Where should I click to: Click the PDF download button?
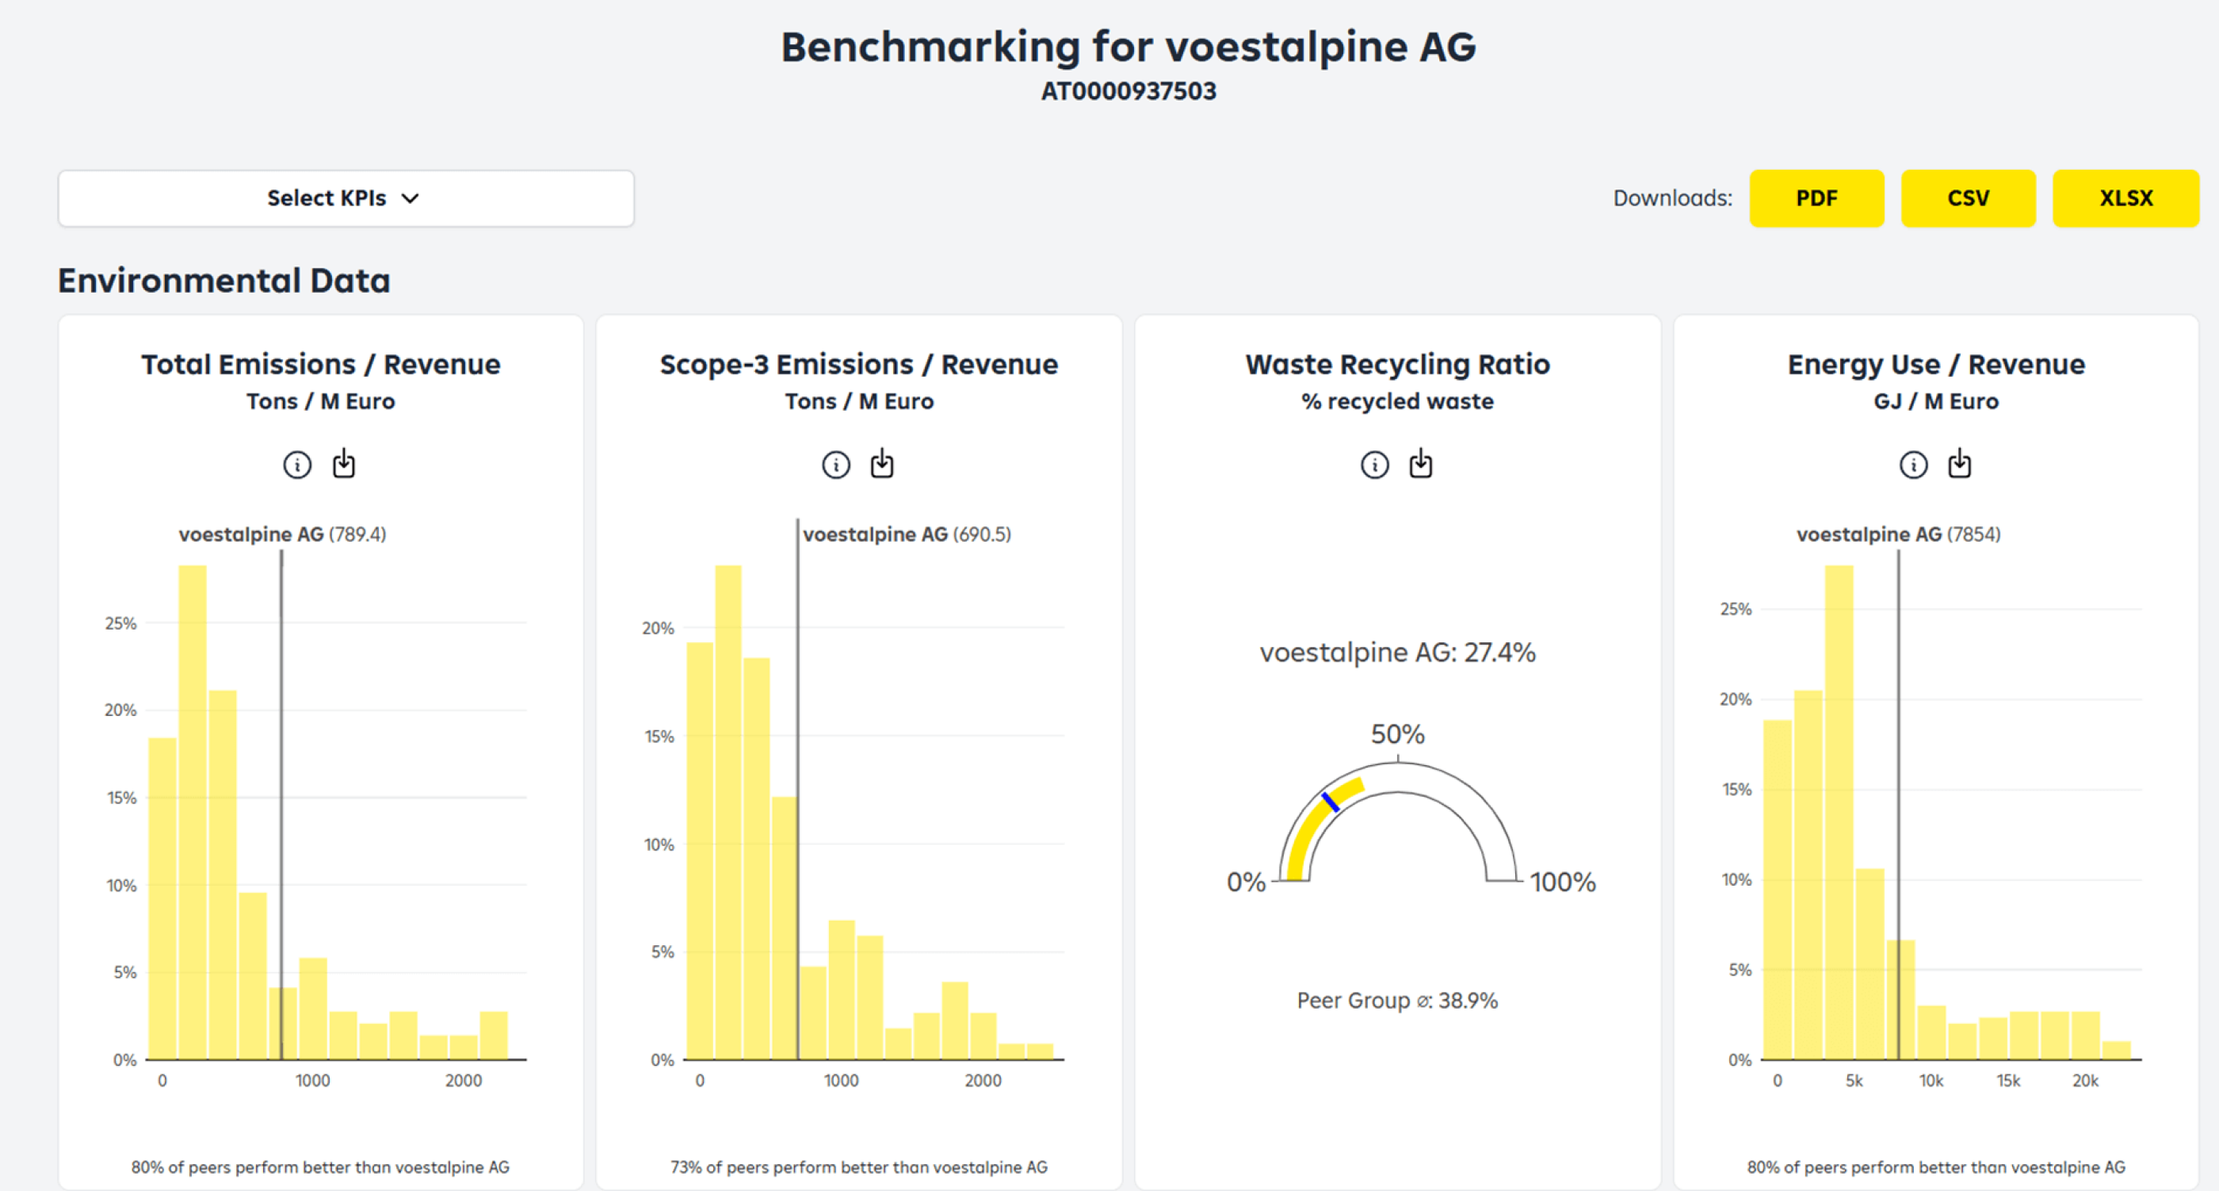pos(1816,198)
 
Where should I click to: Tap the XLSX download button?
pos(2125,198)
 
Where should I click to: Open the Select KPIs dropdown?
pos(346,198)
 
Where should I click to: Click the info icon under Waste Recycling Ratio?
pos(1374,465)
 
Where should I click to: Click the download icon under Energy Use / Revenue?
pos(1960,464)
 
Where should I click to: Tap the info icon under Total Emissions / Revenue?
pos(297,465)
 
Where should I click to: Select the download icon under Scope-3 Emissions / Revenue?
pos(882,464)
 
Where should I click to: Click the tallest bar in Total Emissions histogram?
pos(192,810)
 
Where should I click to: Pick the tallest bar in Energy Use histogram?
pos(1839,810)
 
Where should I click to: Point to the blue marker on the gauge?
pos(1330,802)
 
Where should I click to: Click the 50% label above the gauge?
pos(1397,734)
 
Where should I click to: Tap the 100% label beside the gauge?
pos(1563,883)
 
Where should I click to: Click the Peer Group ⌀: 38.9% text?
pos(1397,1001)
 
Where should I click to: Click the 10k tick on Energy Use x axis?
pos(1931,1081)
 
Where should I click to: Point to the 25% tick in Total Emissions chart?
pos(120,623)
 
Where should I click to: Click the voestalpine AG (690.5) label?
pos(906,534)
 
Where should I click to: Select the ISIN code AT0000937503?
pos(1128,91)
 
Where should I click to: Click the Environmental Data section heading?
pos(224,281)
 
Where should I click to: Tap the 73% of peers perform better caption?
pos(859,1167)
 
